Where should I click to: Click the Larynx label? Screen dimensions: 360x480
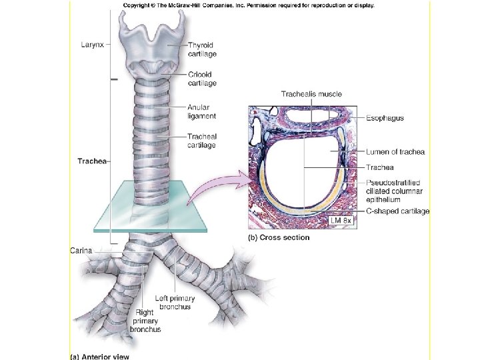click(91, 44)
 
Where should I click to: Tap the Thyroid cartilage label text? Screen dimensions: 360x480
click(201, 49)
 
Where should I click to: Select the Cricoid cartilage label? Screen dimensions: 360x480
click(201, 79)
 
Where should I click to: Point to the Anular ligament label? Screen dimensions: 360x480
click(201, 111)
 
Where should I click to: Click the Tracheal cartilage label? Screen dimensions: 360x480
click(201, 141)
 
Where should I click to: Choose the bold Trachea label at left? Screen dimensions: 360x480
click(91, 161)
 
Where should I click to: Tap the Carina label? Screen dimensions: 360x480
click(81, 251)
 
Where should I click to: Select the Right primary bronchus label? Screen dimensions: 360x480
click(145, 320)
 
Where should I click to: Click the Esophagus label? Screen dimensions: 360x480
click(385, 118)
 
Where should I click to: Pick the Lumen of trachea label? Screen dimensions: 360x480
click(395, 152)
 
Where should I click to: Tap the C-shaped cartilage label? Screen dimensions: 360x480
click(397, 211)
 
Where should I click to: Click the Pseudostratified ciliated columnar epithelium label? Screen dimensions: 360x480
click(393, 191)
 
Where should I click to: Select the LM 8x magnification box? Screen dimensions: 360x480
click(342, 220)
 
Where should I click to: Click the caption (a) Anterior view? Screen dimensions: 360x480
click(102, 355)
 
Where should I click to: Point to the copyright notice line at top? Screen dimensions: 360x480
click(248, 5)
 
